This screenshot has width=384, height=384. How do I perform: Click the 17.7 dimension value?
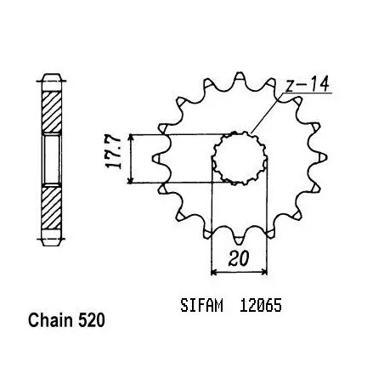114,153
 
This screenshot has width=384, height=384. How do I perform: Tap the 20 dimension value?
239,258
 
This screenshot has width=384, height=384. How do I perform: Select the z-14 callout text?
308,84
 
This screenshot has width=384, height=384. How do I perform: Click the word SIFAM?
201,305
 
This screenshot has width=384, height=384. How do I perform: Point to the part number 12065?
261,305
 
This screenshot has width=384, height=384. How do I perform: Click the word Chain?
51,320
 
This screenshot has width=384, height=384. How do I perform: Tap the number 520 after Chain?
92,320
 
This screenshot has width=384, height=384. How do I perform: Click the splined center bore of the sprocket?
240,158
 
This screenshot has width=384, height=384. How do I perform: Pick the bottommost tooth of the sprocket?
240,240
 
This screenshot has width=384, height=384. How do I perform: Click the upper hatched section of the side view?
52,112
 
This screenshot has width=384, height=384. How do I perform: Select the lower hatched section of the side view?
52,207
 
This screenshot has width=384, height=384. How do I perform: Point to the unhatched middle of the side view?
52,160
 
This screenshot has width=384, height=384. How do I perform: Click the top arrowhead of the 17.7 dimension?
130,138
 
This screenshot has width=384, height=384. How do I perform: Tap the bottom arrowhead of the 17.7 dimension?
130,179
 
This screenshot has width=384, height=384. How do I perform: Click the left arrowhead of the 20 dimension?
215,272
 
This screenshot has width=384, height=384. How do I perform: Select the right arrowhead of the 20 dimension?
264,272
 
